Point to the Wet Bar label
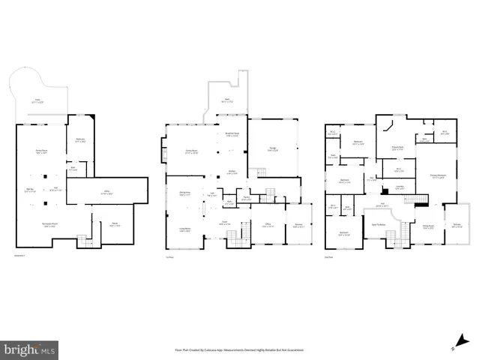[x=31, y=190]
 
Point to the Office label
[x=266, y=224]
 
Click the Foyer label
[x=225, y=223]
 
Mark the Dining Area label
[x=184, y=193]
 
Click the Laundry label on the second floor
[x=400, y=187]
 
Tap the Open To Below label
[x=376, y=225]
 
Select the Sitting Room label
[x=428, y=226]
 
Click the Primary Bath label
[x=398, y=148]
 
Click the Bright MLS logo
[x=29, y=349]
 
